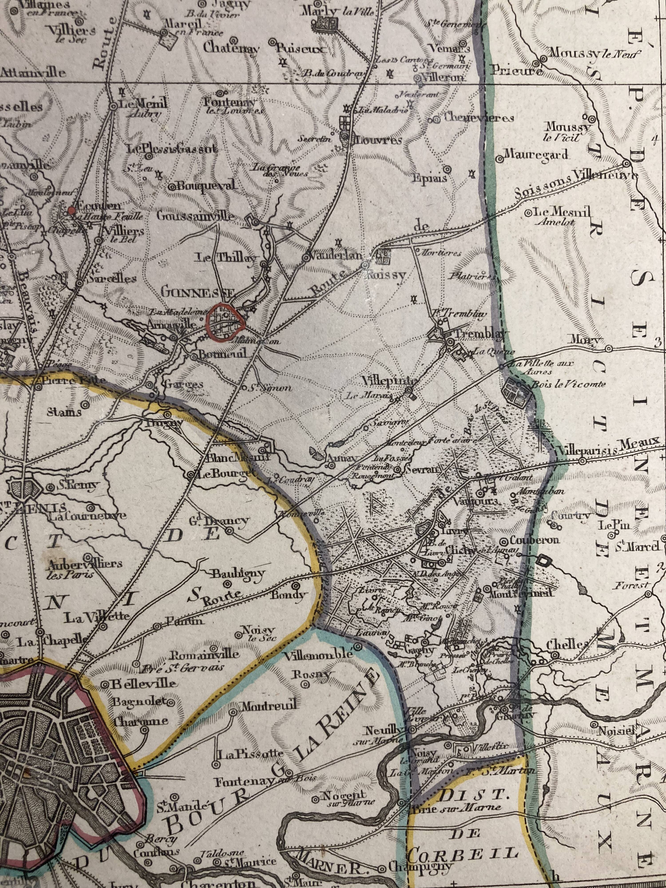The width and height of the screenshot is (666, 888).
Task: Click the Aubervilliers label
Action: pos(84,564)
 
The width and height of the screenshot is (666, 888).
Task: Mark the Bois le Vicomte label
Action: pos(568,384)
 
